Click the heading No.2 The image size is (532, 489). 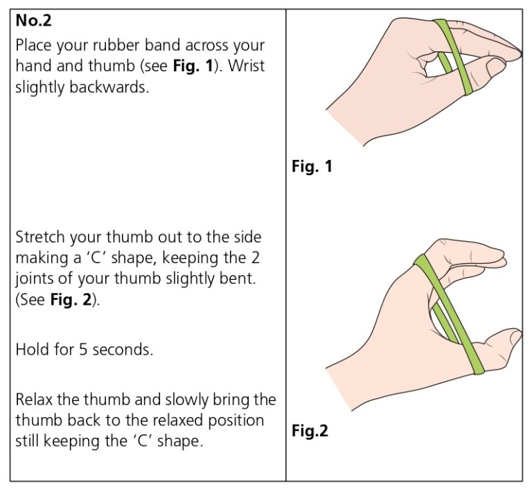click(x=34, y=21)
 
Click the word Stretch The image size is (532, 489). click(x=40, y=237)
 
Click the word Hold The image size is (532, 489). click(x=31, y=349)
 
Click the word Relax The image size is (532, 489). click(x=35, y=400)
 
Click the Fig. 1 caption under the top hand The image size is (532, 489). click(x=312, y=167)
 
